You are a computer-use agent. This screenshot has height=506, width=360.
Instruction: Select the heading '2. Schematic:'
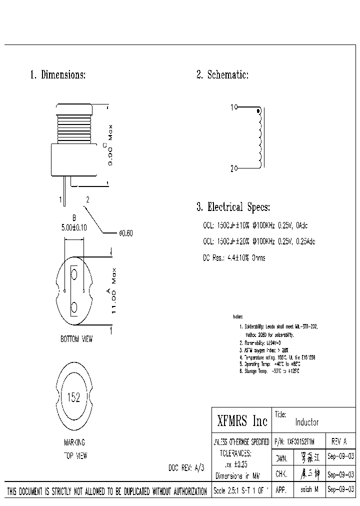pos(222,75)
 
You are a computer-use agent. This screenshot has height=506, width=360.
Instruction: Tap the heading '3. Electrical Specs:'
pos(233,207)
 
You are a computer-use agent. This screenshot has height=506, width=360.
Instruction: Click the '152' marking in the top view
pos(73,398)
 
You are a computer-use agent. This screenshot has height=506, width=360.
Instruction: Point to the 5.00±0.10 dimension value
pos(74,227)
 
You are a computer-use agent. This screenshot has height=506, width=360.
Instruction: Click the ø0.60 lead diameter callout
pos(125,233)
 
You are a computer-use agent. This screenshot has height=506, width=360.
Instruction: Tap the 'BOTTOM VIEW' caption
pos(76,339)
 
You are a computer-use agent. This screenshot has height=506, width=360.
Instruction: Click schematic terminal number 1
pos(232,107)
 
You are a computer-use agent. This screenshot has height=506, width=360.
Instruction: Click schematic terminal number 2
pos(232,169)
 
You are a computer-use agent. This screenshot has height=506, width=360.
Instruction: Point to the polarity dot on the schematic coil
pos(258,111)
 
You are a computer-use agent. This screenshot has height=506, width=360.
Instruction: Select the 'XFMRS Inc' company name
pos(242,421)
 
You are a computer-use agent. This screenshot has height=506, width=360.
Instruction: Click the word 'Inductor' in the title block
pos(307,422)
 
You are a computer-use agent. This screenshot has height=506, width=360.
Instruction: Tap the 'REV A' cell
pos(339,442)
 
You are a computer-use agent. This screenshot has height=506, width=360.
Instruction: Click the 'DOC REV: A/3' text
pos(186,467)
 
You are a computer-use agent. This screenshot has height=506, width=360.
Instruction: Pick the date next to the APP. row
pos(340,490)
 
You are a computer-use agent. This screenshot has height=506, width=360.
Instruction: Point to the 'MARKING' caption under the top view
pos(74,442)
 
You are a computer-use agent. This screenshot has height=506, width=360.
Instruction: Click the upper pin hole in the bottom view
pos(74,274)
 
